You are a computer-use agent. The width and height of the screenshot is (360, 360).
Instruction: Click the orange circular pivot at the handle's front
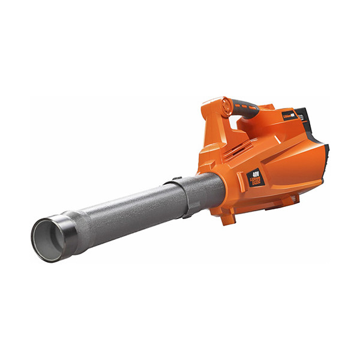coord(225,106)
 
